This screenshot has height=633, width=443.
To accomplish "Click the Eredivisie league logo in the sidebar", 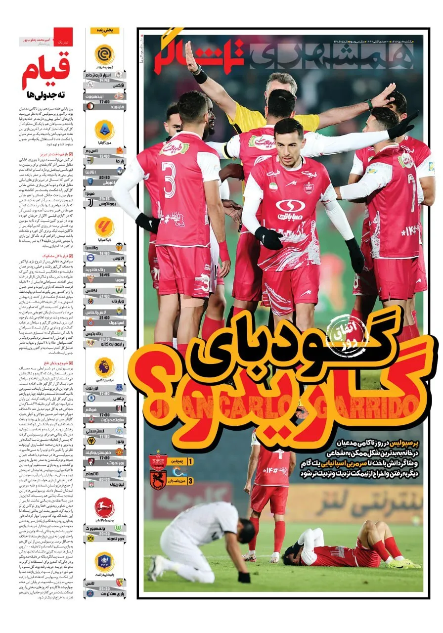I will (104, 54).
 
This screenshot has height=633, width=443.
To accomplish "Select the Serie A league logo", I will (104, 130).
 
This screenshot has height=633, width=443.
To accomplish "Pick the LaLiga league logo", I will (104, 227).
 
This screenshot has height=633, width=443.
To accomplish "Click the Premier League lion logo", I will (104, 367).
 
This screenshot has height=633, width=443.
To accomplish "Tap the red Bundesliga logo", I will (104, 507).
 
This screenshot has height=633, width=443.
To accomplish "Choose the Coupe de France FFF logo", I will (104, 562).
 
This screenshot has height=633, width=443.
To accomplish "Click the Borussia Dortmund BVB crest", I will (90, 538).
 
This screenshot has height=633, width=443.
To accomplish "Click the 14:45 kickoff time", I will (104, 80).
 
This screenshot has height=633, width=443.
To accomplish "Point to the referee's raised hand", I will (191, 52).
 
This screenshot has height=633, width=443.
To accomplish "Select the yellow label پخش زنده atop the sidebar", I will (104, 31).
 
